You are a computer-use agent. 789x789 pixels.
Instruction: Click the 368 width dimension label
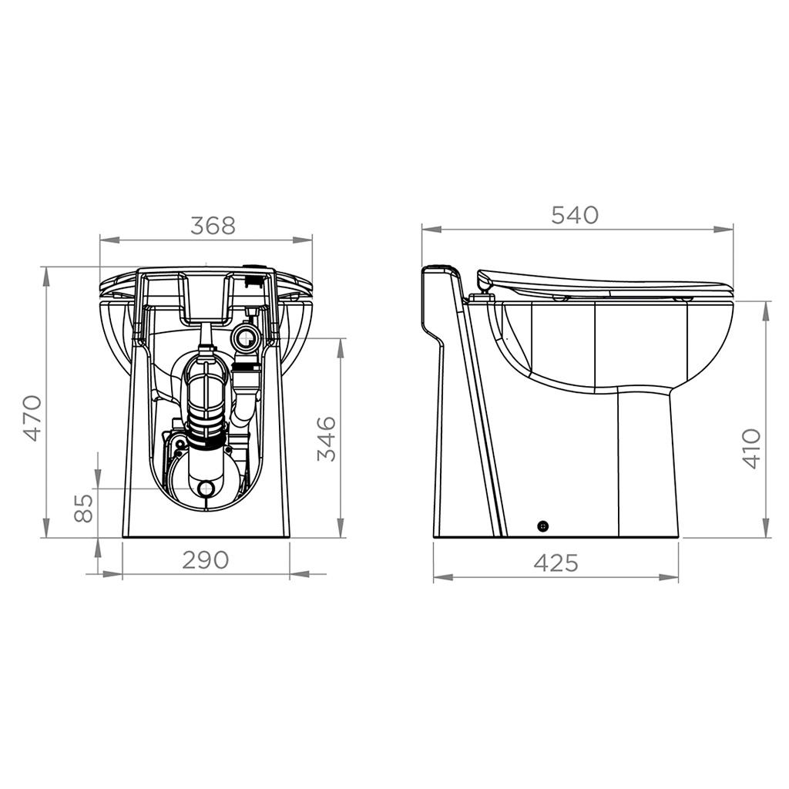tap(213, 226)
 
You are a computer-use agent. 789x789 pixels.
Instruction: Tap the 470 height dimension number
tap(32, 418)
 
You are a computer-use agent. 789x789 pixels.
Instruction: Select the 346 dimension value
tap(327, 438)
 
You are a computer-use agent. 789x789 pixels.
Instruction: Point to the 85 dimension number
tap(83, 508)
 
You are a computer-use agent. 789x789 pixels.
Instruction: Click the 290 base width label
tap(205, 560)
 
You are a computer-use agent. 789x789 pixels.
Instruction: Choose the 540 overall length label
tap(575, 216)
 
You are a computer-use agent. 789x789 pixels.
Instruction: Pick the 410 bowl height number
tap(752, 449)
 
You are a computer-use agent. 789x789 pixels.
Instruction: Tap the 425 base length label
tap(556, 563)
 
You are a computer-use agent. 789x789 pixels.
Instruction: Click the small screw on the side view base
tap(543, 526)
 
